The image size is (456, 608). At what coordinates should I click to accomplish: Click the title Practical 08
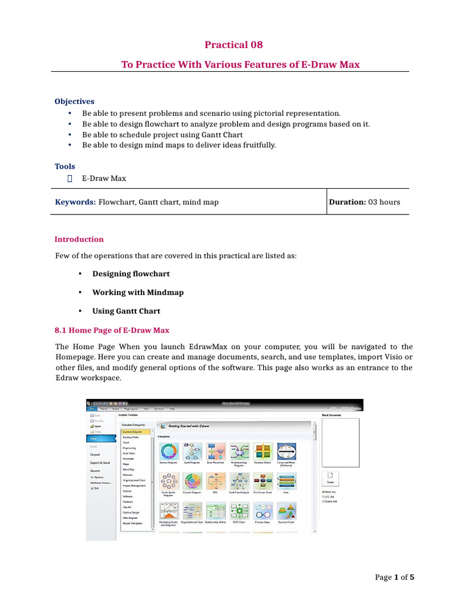tap(233, 45)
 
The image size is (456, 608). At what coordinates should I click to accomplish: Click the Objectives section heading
tap(74, 102)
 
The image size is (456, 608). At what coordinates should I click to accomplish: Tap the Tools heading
tap(65, 167)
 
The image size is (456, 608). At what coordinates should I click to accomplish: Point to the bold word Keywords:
tap(75, 202)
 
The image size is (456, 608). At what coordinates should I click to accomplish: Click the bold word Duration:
tap(347, 202)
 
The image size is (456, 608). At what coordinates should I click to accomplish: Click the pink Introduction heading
tap(79, 239)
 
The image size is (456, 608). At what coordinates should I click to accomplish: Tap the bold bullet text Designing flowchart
tap(131, 274)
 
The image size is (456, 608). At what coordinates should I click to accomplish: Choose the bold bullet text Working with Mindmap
tap(138, 292)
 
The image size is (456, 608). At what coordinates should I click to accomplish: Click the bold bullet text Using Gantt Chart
tap(126, 311)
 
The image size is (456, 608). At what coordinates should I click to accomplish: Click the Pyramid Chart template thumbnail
tap(287, 511)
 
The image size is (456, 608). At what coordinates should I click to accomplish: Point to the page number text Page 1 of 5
tap(394, 577)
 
